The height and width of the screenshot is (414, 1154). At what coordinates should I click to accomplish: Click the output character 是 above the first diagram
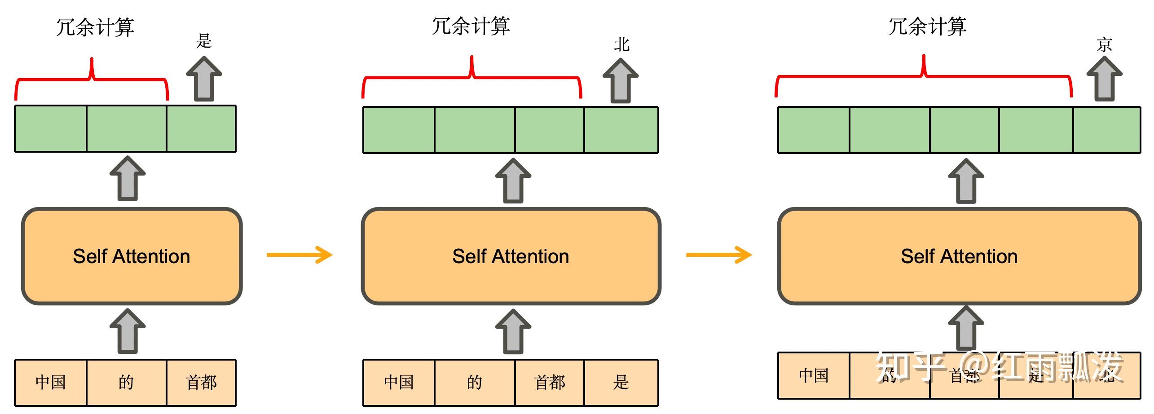click(203, 41)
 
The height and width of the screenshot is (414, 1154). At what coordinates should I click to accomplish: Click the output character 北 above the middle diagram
click(621, 44)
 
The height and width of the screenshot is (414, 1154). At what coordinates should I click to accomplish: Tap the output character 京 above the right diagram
click(1104, 45)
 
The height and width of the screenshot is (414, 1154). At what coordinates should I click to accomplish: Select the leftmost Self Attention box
click(132, 256)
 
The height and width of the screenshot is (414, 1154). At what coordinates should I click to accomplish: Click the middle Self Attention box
click(511, 256)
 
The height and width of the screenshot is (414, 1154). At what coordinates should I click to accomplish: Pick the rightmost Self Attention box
click(959, 256)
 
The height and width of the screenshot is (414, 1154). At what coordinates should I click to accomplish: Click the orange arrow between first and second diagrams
click(300, 255)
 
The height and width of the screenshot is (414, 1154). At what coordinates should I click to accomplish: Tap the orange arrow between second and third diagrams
click(718, 255)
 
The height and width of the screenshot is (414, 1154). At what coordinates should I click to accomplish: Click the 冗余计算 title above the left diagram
click(95, 27)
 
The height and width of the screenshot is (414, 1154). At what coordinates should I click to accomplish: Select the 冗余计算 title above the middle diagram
click(471, 26)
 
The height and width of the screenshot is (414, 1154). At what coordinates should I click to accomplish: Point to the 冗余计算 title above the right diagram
click(927, 26)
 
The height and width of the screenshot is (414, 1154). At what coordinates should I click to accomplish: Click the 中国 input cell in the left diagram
click(51, 383)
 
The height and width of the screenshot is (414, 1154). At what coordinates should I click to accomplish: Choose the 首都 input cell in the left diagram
click(201, 383)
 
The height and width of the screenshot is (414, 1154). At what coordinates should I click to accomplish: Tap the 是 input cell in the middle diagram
click(621, 383)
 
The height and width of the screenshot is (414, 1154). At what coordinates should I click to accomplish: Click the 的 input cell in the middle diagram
click(475, 383)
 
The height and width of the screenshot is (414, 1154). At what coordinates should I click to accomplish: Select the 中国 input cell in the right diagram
click(814, 375)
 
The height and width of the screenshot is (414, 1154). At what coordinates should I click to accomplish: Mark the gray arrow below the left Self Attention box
click(128, 331)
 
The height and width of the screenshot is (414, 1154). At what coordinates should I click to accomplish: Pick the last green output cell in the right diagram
click(1106, 130)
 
